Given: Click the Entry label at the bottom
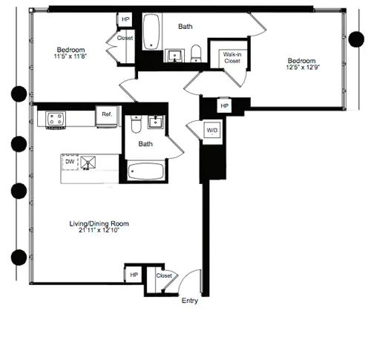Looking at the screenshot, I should point(190,301).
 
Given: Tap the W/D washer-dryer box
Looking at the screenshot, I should point(212,131).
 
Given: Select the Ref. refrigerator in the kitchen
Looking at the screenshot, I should point(107,114).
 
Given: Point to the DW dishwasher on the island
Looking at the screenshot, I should point(70,161).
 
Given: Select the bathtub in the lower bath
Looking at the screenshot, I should point(145,172).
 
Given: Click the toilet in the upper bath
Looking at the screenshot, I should point(197,52).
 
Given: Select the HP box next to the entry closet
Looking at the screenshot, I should point(134,275).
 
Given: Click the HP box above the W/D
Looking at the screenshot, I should point(223,106).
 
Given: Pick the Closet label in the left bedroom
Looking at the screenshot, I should point(125,37).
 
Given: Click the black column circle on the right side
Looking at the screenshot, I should point(355,40).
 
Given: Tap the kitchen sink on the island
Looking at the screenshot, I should point(90,162).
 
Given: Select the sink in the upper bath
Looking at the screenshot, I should point(177,53).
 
